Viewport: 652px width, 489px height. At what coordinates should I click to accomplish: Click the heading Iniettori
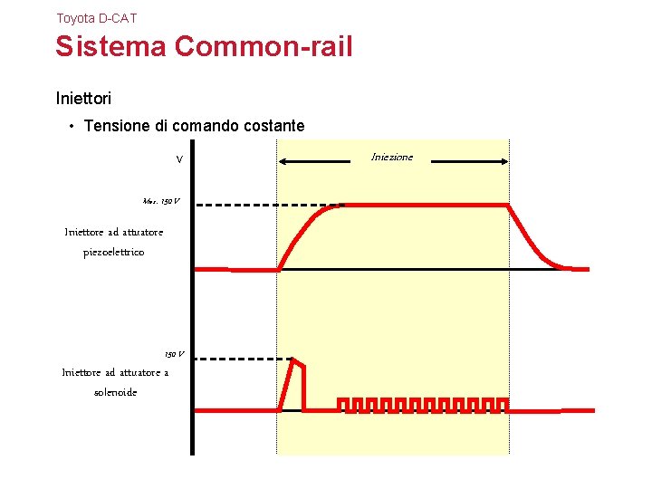pyautogui.click(x=83, y=96)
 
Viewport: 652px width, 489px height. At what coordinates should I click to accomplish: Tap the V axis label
pyautogui.click(x=179, y=159)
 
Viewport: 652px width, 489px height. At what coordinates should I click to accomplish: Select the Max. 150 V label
pyautogui.click(x=161, y=200)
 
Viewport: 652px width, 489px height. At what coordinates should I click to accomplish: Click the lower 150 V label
pyautogui.click(x=174, y=354)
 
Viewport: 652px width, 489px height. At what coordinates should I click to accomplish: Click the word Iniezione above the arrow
pyautogui.click(x=392, y=157)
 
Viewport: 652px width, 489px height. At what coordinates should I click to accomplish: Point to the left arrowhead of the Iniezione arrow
pyautogui.click(x=282, y=161)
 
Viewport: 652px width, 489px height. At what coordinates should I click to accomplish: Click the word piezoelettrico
pyautogui.click(x=113, y=252)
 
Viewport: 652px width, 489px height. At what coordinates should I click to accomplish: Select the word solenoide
pyautogui.click(x=115, y=392)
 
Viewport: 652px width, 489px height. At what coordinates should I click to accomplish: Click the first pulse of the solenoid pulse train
pyautogui.click(x=343, y=404)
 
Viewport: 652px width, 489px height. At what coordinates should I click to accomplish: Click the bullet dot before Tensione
pyautogui.click(x=72, y=126)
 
